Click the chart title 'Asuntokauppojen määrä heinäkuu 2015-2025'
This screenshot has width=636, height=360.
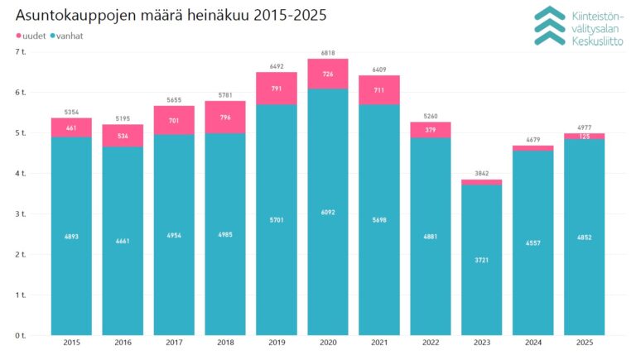click(x=171, y=16)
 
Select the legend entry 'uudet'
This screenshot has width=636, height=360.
click(x=31, y=36)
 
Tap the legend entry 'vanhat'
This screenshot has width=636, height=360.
click(x=67, y=36)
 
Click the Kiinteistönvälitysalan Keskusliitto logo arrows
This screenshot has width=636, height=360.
click(x=549, y=25)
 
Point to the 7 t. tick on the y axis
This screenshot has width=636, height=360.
click(x=21, y=52)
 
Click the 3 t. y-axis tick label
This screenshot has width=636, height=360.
click(x=21, y=214)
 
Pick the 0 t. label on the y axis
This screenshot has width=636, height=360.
click(x=21, y=335)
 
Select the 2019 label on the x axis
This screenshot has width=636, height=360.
click(x=277, y=342)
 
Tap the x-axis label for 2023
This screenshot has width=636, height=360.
click(x=482, y=342)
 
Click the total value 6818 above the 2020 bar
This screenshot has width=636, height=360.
click(x=328, y=52)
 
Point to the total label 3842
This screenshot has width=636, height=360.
click(x=482, y=173)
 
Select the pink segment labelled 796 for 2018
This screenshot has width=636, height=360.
click(x=225, y=117)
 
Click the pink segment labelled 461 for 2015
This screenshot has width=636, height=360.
click(x=71, y=127)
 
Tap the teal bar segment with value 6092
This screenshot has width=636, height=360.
click(x=328, y=212)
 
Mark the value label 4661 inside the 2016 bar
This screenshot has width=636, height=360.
click(x=123, y=242)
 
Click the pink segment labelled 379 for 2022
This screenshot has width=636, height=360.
click(x=431, y=129)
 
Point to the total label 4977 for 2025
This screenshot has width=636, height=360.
click(x=585, y=127)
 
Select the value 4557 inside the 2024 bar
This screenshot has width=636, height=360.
click(x=533, y=242)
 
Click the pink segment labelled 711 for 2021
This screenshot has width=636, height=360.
click(x=379, y=89)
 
